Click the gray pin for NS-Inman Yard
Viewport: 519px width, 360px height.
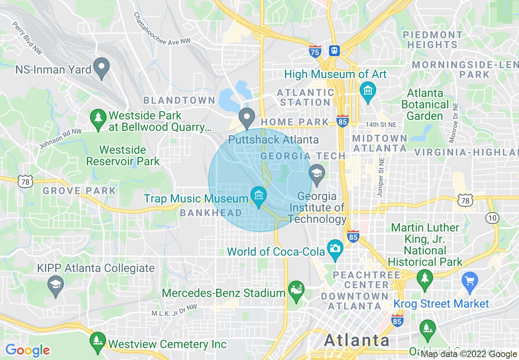pyautogui.click(x=102, y=67)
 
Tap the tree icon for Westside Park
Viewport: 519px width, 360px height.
pyautogui.click(x=98, y=119)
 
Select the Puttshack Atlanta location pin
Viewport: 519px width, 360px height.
pyautogui.click(x=247, y=117)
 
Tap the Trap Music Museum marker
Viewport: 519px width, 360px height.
pyautogui.click(x=258, y=196)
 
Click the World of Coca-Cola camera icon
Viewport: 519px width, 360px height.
pyautogui.click(x=335, y=249)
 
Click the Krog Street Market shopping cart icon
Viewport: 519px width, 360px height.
pyautogui.click(x=469, y=281)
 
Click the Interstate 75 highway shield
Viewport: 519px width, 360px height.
pyautogui.click(x=315, y=51)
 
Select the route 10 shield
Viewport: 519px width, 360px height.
pyautogui.click(x=492, y=218)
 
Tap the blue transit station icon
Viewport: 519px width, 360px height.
pyautogui.click(x=334, y=50)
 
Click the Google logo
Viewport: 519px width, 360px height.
pyautogui.click(x=27, y=350)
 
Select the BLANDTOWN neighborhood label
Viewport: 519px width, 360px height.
pyautogui.click(x=179, y=100)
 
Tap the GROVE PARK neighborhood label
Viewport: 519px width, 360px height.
pyautogui.click(x=79, y=191)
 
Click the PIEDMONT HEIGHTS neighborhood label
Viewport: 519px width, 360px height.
pyautogui.click(x=433, y=40)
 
